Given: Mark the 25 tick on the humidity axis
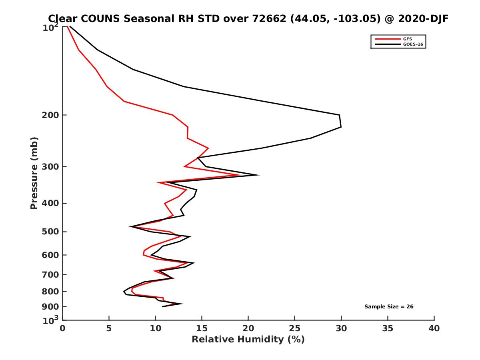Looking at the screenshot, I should pyautogui.click(x=295, y=328).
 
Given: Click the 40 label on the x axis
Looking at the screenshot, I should pyautogui.click(x=434, y=328).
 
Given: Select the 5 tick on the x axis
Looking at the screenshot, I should pyautogui.click(x=109, y=328).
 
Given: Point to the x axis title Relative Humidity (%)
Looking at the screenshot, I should pyautogui.click(x=248, y=340).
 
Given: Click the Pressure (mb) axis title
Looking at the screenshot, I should pyautogui.click(x=34, y=173).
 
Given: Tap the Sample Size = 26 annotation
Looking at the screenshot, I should pyautogui.click(x=388, y=307).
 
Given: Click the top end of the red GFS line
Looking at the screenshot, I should pyautogui.click(x=67, y=27).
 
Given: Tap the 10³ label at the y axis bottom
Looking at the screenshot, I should pyautogui.click(x=51, y=320).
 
